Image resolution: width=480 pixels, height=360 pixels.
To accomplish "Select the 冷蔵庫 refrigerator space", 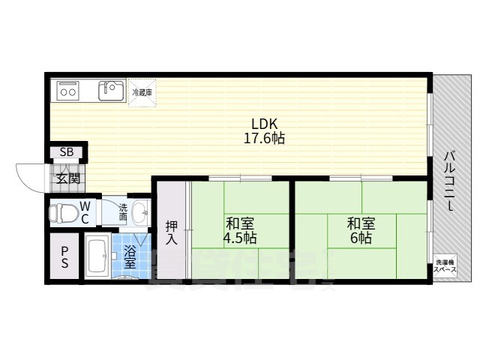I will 142,92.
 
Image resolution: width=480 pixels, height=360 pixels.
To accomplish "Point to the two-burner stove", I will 68,91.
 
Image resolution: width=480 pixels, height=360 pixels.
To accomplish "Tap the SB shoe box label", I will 67,153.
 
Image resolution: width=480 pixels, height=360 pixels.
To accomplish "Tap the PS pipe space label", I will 64,258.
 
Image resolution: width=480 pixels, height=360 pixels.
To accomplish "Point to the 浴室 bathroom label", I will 130,256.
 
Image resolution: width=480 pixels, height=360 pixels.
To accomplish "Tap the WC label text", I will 85,211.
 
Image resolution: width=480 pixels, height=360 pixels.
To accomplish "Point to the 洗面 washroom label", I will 123,212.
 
